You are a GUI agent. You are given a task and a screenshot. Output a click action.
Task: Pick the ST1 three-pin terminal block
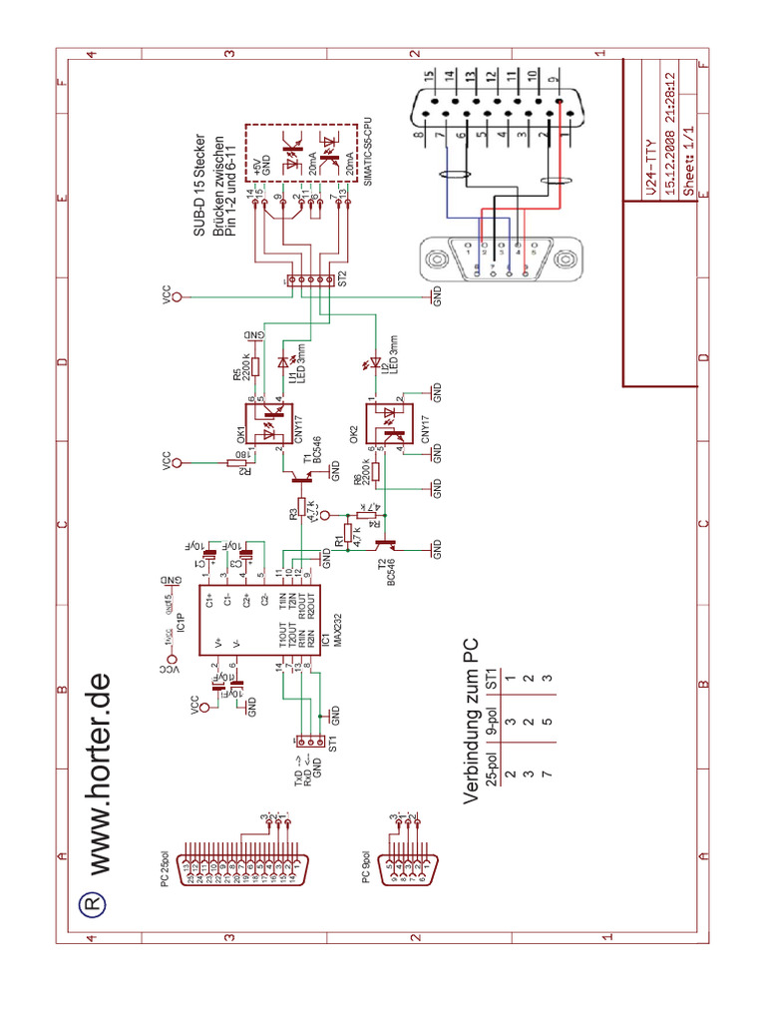pyautogui.click(x=309, y=742)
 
